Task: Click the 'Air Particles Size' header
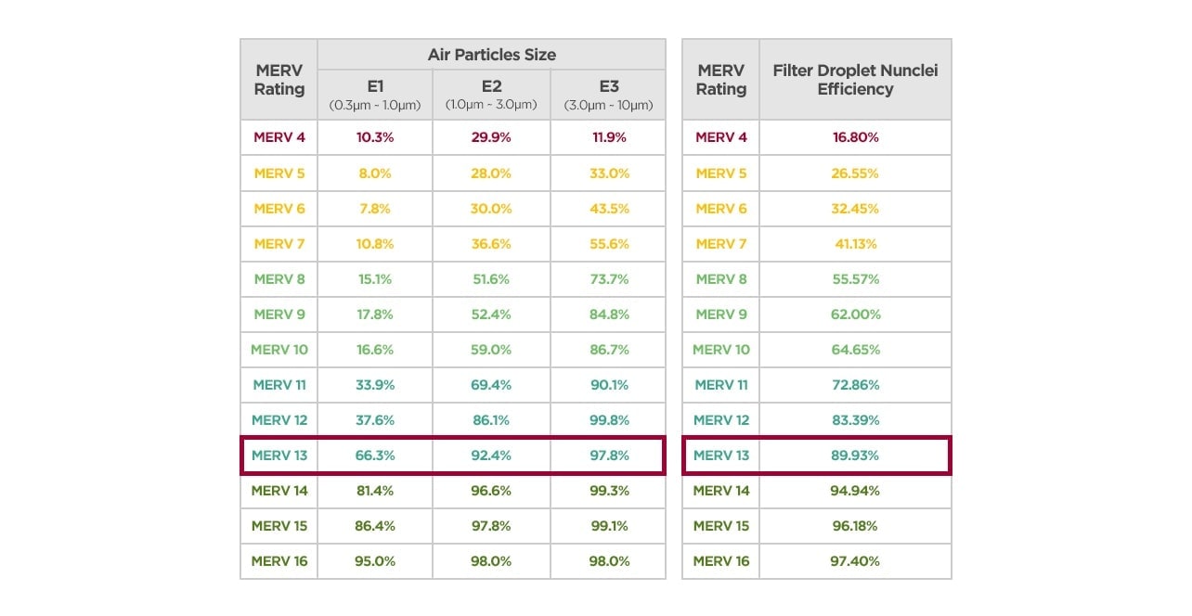pyautogui.click(x=491, y=55)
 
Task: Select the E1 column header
pyautogui.click(x=375, y=94)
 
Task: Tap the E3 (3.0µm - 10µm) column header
pyautogui.click(x=608, y=94)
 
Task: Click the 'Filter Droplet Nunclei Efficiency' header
pyautogui.click(x=855, y=80)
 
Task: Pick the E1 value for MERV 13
pyautogui.click(x=375, y=456)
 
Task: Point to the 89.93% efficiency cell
pyautogui.click(x=855, y=456)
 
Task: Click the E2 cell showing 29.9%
pyautogui.click(x=491, y=137)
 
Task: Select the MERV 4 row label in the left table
pyautogui.click(x=279, y=137)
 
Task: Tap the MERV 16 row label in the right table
pyautogui.click(x=720, y=561)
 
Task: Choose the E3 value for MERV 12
pyautogui.click(x=608, y=420)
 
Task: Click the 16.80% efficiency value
pyautogui.click(x=855, y=137)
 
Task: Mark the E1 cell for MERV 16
pyautogui.click(x=375, y=561)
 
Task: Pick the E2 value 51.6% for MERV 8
pyautogui.click(x=491, y=279)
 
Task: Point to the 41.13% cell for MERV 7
pyautogui.click(x=855, y=244)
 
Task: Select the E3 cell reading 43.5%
pyautogui.click(x=608, y=209)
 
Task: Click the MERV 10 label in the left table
pyautogui.click(x=279, y=350)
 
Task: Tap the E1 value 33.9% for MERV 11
pyautogui.click(x=375, y=385)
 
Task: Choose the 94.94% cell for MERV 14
pyautogui.click(x=855, y=491)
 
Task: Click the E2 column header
pyautogui.click(x=491, y=94)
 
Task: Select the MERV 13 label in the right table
pyautogui.click(x=720, y=456)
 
